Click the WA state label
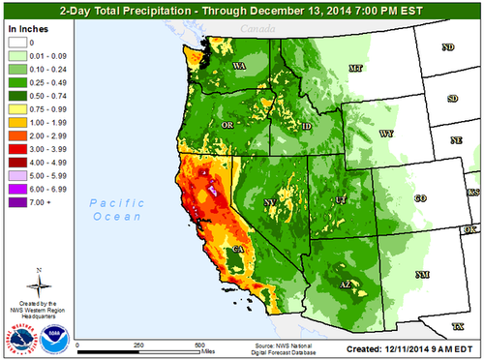tap(237, 67)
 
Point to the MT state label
tap(355, 69)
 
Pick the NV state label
tap(269, 202)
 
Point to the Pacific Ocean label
tap(114, 211)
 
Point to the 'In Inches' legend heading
tap(26, 31)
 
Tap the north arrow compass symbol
tap(37, 283)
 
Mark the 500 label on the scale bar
tap(199, 345)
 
